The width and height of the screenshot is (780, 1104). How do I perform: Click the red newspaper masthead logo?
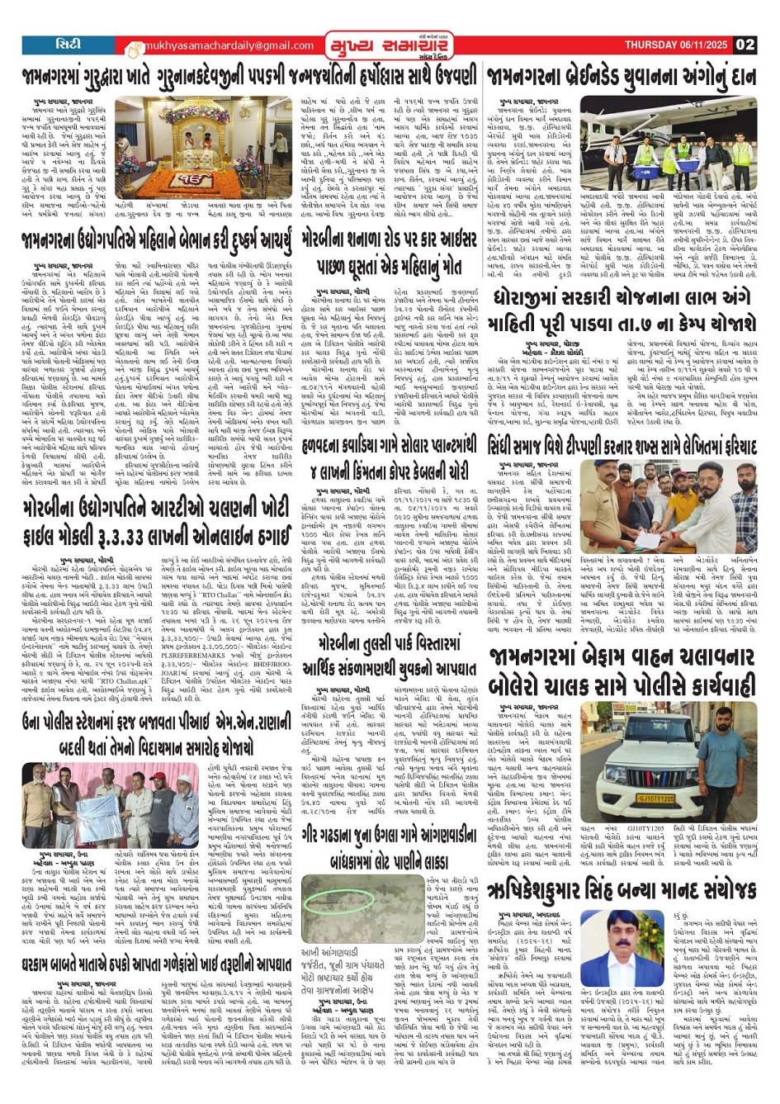click(x=387, y=44)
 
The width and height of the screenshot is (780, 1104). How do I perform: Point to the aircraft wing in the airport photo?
click(x=660, y=112)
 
